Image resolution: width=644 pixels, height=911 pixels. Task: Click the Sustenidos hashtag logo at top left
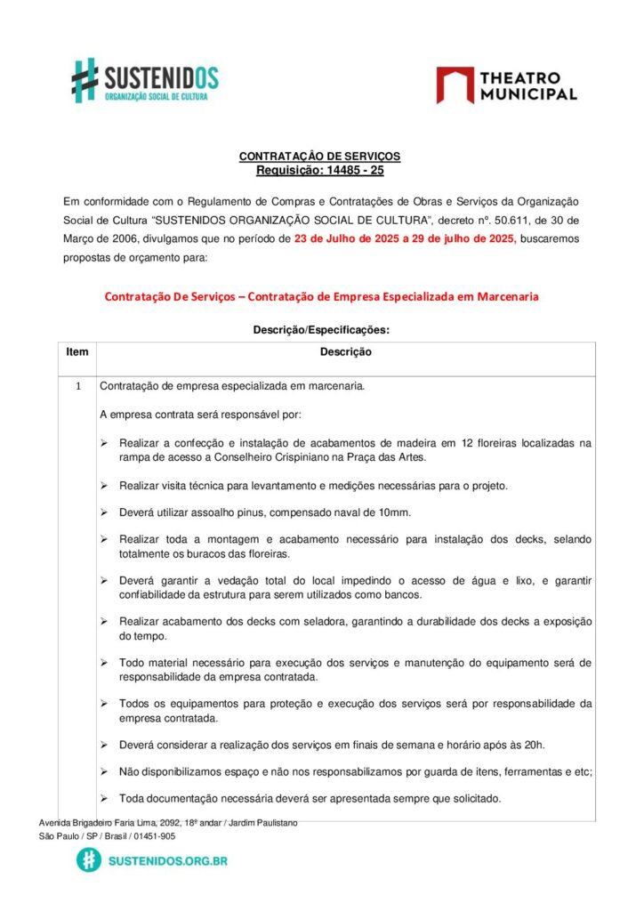coord(85,79)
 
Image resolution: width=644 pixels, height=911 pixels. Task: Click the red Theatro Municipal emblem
coord(455,85)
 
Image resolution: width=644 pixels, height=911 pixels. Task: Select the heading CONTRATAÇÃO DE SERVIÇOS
coord(319,157)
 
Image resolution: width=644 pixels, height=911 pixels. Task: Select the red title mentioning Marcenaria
coord(321,296)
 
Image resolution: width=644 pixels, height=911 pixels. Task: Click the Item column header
coord(77,352)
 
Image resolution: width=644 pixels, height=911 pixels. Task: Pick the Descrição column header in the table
coord(346,352)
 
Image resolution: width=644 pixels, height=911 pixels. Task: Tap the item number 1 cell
coord(77,387)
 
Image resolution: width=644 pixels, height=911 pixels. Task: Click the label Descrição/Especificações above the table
coord(321,330)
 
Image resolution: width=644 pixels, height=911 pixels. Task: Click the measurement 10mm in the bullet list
coord(394,512)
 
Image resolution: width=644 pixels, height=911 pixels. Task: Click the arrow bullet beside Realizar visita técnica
coord(104,486)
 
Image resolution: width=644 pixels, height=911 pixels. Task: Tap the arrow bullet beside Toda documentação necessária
coord(104,799)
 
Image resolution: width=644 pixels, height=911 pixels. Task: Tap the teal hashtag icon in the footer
coord(89,860)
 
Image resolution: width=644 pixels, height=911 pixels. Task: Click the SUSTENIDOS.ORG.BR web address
coord(167,861)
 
